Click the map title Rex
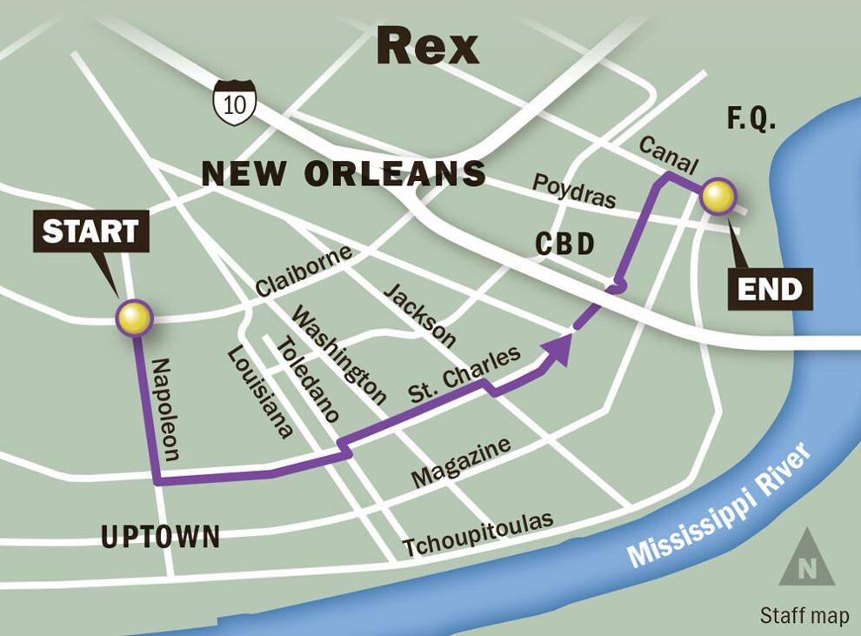(x=427, y=47)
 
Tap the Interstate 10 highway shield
(x=235, y=103)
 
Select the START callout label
(x=90, y=231)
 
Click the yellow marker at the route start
(x=135, y=318)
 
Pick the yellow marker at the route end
(x=719, y=197)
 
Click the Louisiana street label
(x=259, y=392)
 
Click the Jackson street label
(x=419, y=314)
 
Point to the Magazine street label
(x=460, y=463)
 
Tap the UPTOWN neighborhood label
(x=160, y=537)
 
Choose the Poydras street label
(x=574, y=191)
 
